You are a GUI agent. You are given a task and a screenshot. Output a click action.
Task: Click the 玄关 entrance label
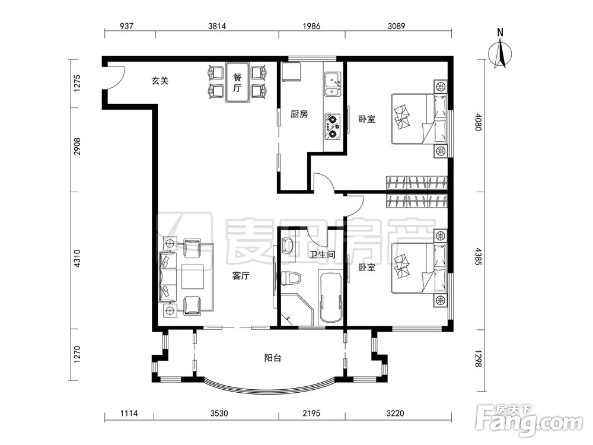(x=160, y=81)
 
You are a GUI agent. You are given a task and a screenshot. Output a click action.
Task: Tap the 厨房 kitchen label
(x=299, y=114)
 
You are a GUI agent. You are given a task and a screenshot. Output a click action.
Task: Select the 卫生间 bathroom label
(x=322, y=255)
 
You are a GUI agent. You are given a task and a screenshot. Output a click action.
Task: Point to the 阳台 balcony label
(x=272, y=358)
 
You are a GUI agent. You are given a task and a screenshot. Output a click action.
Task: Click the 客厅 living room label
(x=241, y=276)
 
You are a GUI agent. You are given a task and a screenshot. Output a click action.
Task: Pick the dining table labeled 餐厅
(x=238, y=82)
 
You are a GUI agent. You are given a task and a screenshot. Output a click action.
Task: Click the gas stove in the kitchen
(x=332, y=126)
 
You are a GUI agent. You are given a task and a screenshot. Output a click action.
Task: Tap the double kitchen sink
(x=333, y=85)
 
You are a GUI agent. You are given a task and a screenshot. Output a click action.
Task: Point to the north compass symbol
(x=500, y=53)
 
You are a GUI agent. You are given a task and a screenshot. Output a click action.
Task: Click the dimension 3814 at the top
(x=217, y=26)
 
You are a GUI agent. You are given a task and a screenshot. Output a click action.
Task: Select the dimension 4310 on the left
(x=77, y=259)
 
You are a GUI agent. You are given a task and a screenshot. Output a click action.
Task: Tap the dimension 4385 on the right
(x=479, y=256)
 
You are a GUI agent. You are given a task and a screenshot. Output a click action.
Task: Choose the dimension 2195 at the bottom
(x=311, y=413)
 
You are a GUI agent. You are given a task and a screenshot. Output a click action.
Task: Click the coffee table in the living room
(x=193, y=276)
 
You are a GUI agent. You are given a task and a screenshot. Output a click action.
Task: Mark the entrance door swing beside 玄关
(x=116, y=78)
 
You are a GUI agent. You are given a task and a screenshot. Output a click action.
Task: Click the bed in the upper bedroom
(x=419, y=119)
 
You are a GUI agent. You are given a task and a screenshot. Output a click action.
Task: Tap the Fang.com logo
(x=530, y=421)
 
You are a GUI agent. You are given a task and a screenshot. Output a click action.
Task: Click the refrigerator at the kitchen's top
(x=291, y=72)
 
